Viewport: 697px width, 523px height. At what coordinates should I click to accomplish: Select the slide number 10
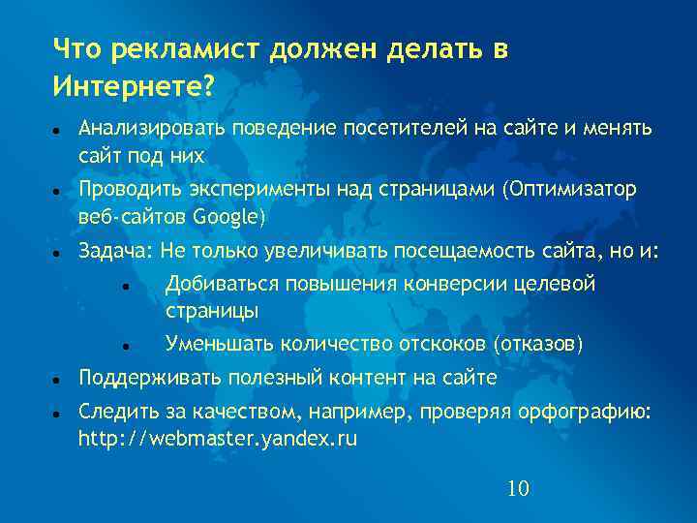pos(518,488)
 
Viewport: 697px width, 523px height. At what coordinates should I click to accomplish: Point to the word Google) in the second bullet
pos(230,215)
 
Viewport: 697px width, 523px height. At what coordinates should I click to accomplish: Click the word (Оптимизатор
pos(569,189)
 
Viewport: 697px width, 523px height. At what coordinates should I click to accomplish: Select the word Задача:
pos(115,252)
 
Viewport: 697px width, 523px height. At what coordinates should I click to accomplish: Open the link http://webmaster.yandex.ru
pos(218,439)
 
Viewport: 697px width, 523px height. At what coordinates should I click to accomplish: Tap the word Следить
pos(112,413)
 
